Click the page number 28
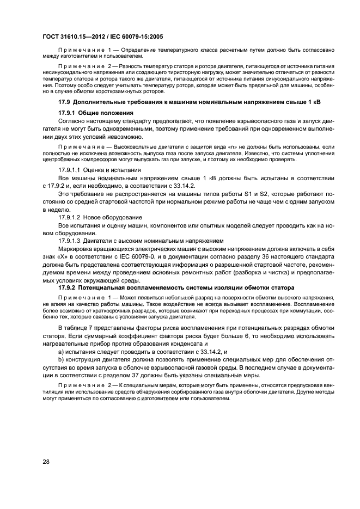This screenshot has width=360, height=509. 46,462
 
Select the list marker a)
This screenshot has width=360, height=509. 61,352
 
